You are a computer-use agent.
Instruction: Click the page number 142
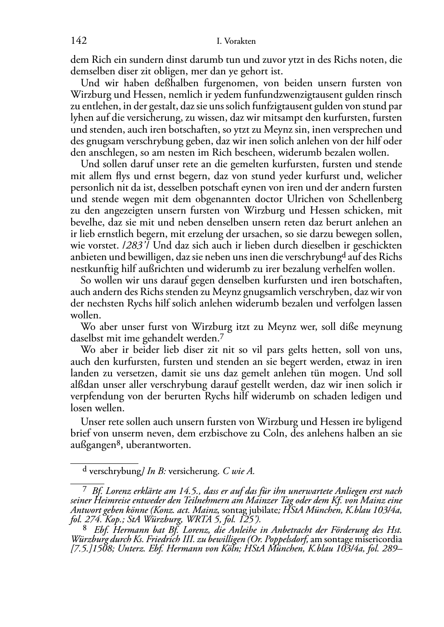pyautogui.click(x=78, y=41)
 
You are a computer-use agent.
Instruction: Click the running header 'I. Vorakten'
pyautogui.click(x=236, y=42)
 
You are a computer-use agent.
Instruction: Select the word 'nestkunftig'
pyautogui.click(x=92, y=269)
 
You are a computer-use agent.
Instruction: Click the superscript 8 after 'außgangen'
pyautogui.click(x=119, y=443)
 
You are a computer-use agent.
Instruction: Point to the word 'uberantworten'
pyautogui.click(x=158, y=445)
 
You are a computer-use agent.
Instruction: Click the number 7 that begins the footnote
pyautogui.click(x=85, y=489)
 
